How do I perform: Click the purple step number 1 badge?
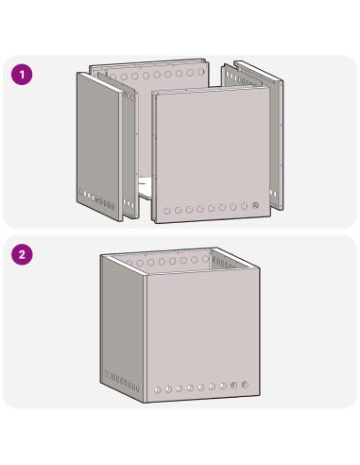click(x=22, y=75)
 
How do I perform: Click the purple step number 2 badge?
click(x=22, y=254)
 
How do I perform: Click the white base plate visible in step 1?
click(x=146, y=187)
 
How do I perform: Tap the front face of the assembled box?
click(x=203, y=335)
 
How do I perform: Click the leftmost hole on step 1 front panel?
click(x=167, y=211)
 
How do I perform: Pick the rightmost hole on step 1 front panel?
click(x=255, y=206)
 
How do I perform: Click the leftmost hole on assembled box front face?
click(x=157, y=390)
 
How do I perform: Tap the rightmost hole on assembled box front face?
click(x=245, y=385)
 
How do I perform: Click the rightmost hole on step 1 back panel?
click(x=201, y=72)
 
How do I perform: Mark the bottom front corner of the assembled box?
click(x=146, y=403)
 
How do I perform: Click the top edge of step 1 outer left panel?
click(x=100, y=82)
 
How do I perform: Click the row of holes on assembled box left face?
click(x=122, y=381)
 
